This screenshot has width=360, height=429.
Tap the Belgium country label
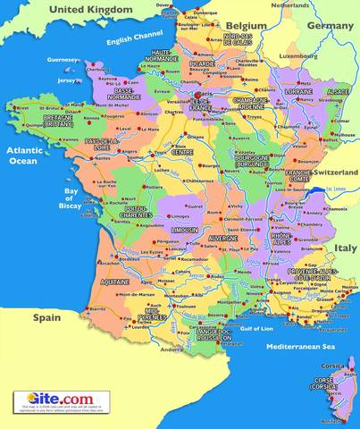click(246, 25)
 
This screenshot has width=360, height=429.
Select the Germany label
click(330, 26)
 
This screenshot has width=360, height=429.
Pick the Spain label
click(46, 317)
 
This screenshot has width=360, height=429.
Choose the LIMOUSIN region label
click(183, 230)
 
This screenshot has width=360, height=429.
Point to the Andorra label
click(179, 349)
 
